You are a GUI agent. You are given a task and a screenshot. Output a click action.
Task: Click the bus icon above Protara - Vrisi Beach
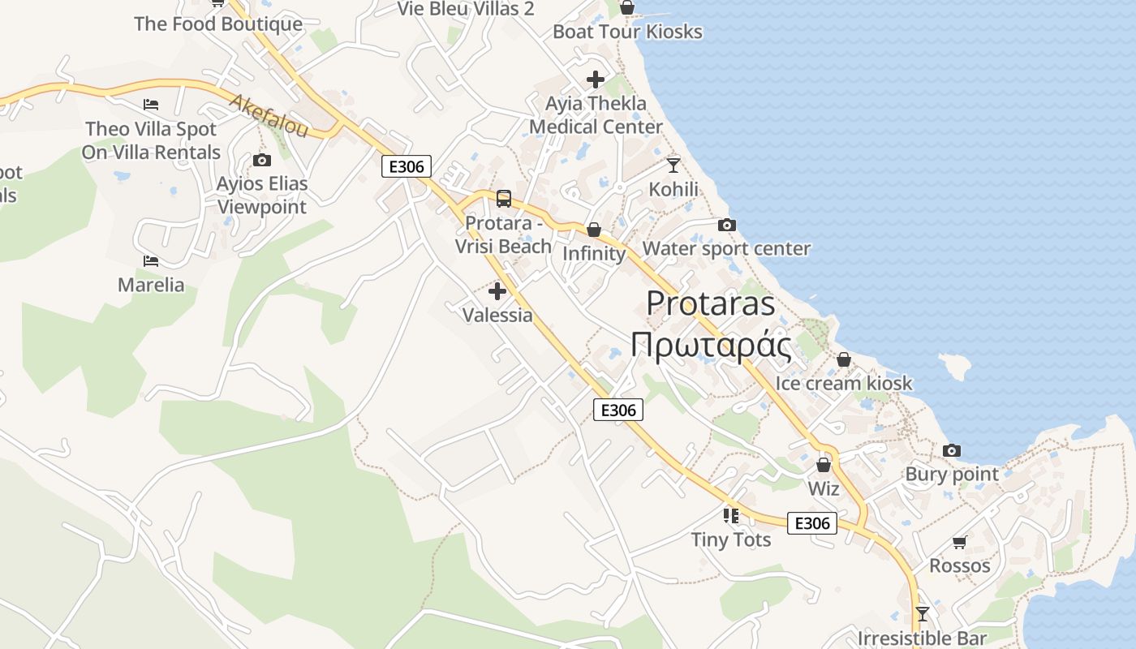(x=504, y=199)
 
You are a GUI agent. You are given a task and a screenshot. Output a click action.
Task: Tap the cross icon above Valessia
(x=497, y=291)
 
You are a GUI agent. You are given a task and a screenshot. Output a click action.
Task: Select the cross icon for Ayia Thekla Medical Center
(x=596, y=80)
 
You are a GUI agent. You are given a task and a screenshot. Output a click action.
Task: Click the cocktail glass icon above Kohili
(x=673, y=165)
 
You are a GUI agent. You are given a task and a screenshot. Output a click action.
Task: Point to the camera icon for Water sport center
(x=727, y=225)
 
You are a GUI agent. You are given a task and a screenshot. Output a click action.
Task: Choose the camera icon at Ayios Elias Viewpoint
(x=261, y=161)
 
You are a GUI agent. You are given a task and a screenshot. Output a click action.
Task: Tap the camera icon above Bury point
(x=952, y=450)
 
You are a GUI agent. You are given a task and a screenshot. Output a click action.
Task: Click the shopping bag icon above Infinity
(x=594, y=230)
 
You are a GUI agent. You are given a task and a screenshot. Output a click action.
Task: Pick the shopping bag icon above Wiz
(x=824, y=465)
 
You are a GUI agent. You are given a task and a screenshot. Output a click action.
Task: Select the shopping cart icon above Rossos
(x=960, y=542)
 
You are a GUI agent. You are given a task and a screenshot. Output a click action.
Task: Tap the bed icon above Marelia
(x=151, y=261)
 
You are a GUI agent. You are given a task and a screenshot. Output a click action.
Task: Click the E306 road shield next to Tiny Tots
(x=812, y=523)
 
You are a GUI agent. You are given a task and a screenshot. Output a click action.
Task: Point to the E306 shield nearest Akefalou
(x=407, y=167)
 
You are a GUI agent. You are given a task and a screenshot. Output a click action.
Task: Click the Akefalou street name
(x=269, y=116)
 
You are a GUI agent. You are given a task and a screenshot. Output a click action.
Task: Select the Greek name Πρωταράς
(x=711, y=345)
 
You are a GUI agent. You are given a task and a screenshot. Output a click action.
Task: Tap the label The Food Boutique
(x=218, y=24)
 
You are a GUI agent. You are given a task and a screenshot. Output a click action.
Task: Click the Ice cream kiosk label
(x=844, y=383)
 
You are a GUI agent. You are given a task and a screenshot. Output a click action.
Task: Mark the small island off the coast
(x=955, y=367)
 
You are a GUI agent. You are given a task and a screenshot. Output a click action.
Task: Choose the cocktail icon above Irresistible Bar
(x=922, y=613)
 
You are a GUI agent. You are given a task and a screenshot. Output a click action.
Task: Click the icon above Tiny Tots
(x=731, y=515)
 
